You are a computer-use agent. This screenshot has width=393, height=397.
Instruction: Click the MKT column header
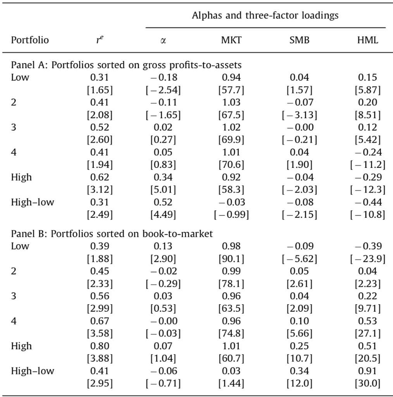click(231, 40)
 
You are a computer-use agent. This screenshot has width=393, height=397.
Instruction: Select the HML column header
click(368, 40)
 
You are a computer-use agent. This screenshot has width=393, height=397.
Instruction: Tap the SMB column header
click(299, 40)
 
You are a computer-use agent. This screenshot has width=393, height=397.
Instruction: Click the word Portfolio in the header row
click(30, 40)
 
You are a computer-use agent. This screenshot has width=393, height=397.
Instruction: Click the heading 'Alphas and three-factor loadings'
click(265, 16)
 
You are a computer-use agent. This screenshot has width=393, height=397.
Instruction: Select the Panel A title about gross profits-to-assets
click(126, 64)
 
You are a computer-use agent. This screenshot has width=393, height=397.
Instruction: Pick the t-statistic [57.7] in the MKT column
click(231, 91)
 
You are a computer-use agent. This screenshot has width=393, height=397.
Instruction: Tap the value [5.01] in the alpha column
click(163, 191)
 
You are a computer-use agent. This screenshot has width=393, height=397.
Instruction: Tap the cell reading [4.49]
click(163, 214)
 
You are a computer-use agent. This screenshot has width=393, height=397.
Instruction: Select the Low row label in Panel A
click(20, 78)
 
